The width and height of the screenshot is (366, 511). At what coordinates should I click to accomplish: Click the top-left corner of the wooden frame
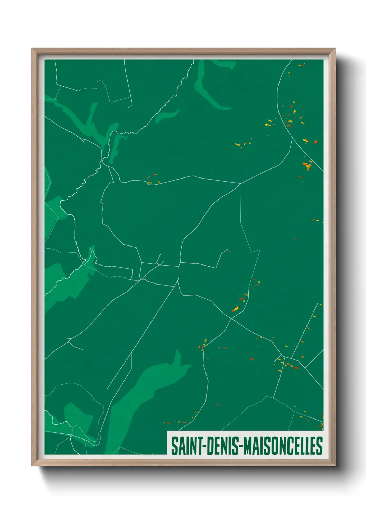[x=33, y=49]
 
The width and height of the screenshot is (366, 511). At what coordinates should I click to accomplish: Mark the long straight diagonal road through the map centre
[x=145, y=331]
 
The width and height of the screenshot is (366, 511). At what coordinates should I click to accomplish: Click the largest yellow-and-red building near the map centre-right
[x=235, y=309]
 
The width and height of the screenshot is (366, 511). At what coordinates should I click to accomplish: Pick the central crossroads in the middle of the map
[x=179, y=265]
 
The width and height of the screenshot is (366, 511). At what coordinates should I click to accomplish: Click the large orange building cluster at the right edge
[x=307, y=166]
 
